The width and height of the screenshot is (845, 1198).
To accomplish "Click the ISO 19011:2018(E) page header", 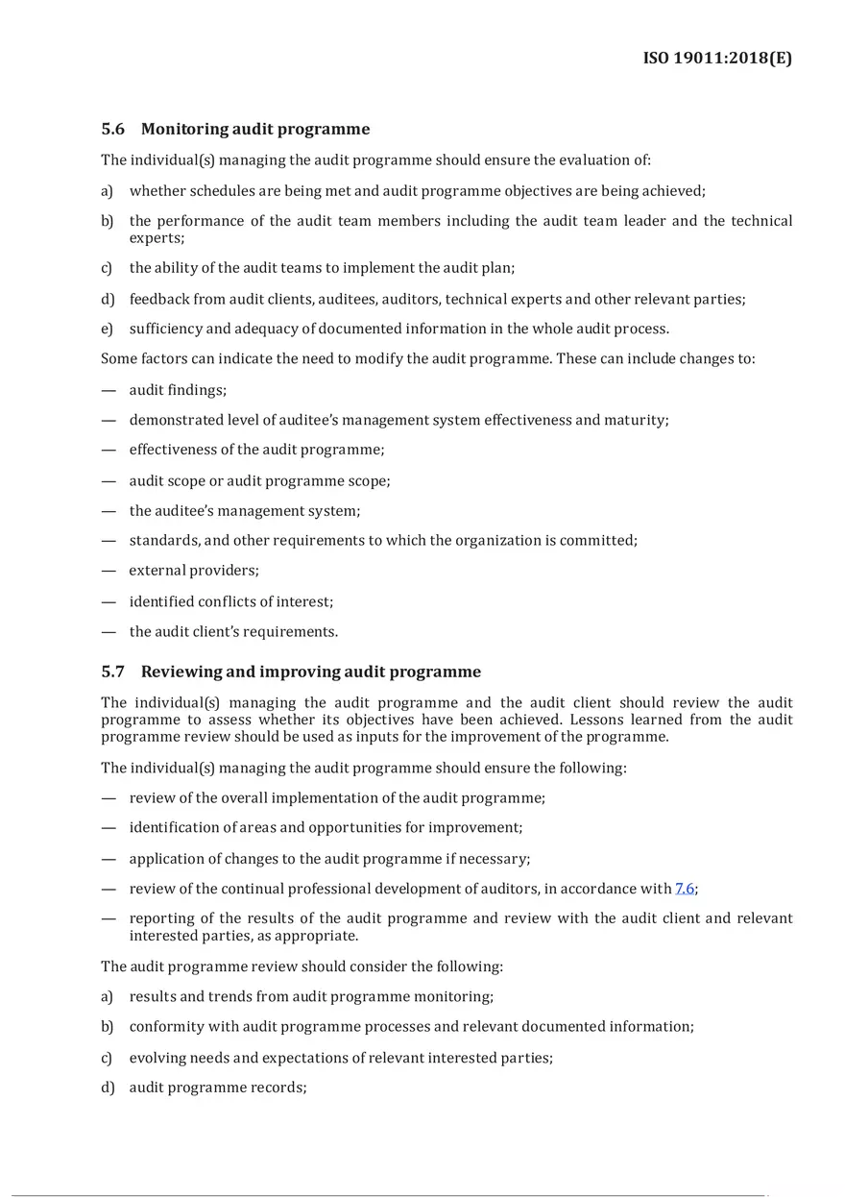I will [x=717, y=59].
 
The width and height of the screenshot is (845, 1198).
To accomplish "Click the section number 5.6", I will [x=113, y=129].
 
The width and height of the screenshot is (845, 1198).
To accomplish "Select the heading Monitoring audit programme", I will [x=254, y=129].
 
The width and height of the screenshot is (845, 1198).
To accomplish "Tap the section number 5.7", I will [x=113, y=672].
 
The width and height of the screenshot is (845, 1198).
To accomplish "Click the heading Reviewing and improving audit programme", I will [x=310, y=672].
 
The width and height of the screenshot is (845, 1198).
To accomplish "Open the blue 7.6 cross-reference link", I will [x=685, y=889].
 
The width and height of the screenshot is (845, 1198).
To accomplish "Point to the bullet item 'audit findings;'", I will [x=178, y=390].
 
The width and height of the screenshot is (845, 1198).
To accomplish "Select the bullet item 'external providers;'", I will [x=194, y=571].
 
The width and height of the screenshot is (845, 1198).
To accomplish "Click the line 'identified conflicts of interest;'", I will [x=231, y=601].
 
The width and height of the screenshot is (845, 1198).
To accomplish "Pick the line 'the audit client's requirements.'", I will [x=233, y=632].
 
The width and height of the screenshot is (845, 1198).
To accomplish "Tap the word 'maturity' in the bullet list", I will [x=636, y=420].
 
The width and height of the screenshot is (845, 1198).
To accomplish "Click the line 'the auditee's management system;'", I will [x=245, y=511].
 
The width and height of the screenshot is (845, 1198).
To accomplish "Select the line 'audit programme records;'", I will [x=218, y=1088].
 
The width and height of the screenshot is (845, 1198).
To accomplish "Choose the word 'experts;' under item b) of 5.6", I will [x=157, y=236].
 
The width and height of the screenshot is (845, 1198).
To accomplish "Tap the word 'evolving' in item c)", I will [x=157, y=1058].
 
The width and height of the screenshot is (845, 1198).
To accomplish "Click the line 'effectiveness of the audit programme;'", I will [x=256, y=450].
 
